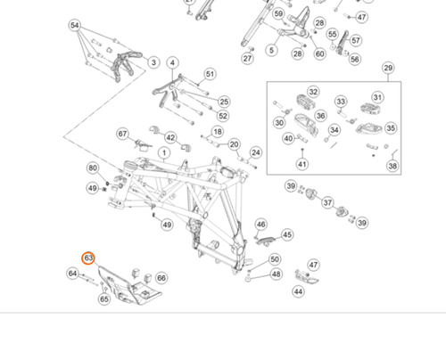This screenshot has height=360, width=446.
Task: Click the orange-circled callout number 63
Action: point(88,258)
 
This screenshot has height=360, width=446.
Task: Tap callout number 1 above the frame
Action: point(164,153)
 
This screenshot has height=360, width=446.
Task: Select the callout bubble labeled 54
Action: point(75,26)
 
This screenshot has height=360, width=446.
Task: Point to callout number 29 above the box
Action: point(388,68)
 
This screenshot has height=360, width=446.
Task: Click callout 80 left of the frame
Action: point(93,168)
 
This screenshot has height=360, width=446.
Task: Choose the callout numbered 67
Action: point(122,134)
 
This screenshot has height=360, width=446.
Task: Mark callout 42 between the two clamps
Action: point(170,137)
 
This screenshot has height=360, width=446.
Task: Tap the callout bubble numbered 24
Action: point(256,152)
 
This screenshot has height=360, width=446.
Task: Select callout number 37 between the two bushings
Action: point(327,202)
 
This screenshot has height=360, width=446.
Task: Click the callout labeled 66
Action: point(161,278)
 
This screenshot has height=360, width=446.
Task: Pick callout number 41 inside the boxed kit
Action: point(302,164)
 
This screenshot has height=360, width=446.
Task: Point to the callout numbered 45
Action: point(287,235)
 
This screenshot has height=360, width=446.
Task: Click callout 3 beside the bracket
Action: point(153,62)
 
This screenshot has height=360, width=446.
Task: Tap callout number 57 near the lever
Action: point(356,40)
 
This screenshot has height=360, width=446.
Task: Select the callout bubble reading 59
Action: point(278,14)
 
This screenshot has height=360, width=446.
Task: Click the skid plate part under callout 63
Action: point(130,285)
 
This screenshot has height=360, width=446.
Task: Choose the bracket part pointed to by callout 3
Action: point(126,64)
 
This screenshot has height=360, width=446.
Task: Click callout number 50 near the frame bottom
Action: point(275,259)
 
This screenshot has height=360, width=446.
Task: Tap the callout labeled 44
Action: point(299,291)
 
